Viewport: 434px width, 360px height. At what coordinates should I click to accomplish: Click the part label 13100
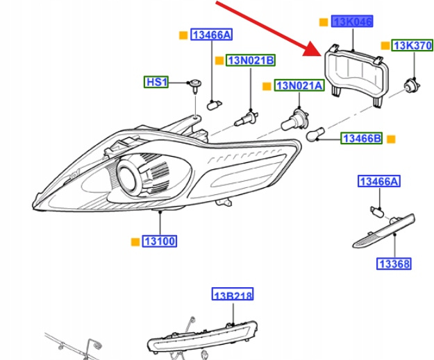[x=159, y=241]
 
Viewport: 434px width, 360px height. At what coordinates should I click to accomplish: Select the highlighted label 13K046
[x=352, y=22]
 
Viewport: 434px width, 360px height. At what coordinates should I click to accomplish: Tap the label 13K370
[x=413, y=46]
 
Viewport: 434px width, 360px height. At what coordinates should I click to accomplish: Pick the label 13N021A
[x=299, y=85]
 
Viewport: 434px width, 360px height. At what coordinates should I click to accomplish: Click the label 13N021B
[x=251, y=60]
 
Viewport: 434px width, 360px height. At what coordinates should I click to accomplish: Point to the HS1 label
[x=156, y=82]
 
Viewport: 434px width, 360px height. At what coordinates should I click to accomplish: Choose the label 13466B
[x=361, y=139]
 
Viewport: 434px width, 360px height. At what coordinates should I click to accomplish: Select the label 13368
[x=394, y=264]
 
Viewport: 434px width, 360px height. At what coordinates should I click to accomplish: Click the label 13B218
[x=233, y=295]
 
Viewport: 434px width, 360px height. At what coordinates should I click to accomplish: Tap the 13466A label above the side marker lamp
[x=379, y=182]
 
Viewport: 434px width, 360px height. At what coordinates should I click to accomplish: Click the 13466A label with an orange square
[x=212, y=35]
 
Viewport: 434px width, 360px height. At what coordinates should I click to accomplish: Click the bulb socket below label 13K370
[x=412, y=85]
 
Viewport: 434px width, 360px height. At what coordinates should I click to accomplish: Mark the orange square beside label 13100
[x=135, y=241]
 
